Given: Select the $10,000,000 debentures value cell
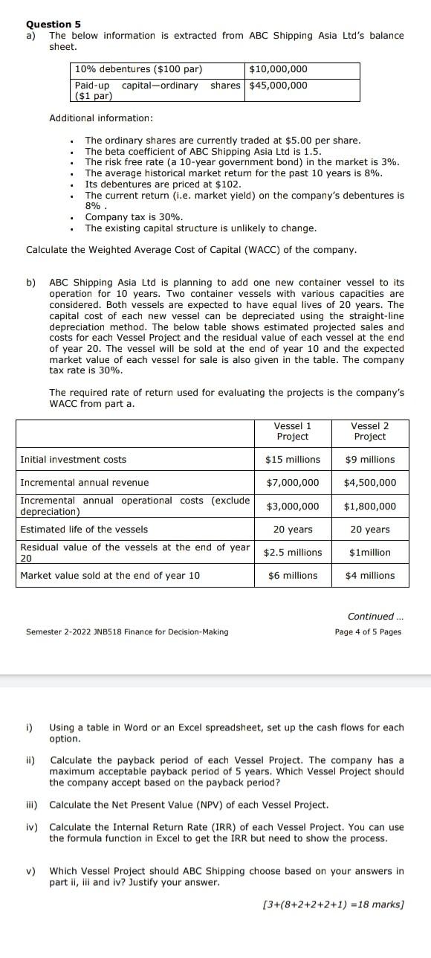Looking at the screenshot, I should [278, 69].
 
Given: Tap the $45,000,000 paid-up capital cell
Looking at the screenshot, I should [278, 85].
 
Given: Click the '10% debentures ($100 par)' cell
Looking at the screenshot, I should [138, 69].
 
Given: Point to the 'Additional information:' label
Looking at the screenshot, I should [101, 118].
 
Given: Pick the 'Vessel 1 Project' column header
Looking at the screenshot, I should [292, 431].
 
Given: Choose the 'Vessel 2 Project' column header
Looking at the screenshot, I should [369, 431].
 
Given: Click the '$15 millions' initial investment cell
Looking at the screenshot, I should [292, 460].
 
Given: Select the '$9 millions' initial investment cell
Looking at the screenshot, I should [370, 460].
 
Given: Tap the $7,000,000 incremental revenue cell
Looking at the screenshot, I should [292, 483].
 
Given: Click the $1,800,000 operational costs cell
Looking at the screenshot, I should [370, 507].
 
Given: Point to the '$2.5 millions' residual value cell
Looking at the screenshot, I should [293, 553].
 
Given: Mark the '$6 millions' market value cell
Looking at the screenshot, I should [292, 576].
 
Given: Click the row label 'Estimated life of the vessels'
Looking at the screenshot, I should [84, 530].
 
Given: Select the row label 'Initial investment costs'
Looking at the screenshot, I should [73, 460].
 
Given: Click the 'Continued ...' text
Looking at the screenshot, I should [374, 617].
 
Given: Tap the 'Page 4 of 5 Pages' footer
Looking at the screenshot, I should [368, 632].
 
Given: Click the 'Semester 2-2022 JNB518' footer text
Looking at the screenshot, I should [127, 632].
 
